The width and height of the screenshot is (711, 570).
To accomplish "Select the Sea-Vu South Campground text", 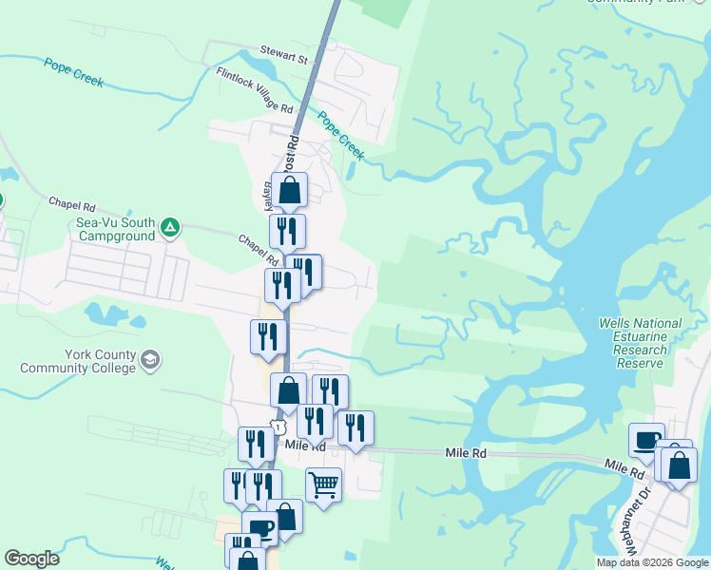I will (116, 228).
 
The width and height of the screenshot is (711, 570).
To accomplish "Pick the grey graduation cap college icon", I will (150, 360).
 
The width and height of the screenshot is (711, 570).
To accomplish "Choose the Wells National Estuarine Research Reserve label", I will (640, 343).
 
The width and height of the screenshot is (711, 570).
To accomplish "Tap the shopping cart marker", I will (324, 484).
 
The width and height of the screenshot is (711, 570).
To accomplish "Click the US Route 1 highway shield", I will (277, 427).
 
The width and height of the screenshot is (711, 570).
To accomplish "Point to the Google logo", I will (31, 559).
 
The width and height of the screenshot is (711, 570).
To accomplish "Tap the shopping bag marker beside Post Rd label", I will (290, 189).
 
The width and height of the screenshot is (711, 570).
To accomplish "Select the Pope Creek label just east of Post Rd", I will (340, 135).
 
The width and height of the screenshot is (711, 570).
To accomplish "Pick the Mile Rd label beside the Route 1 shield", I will (305, 446).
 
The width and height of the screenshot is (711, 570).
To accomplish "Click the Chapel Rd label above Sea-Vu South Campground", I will (72, 205).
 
